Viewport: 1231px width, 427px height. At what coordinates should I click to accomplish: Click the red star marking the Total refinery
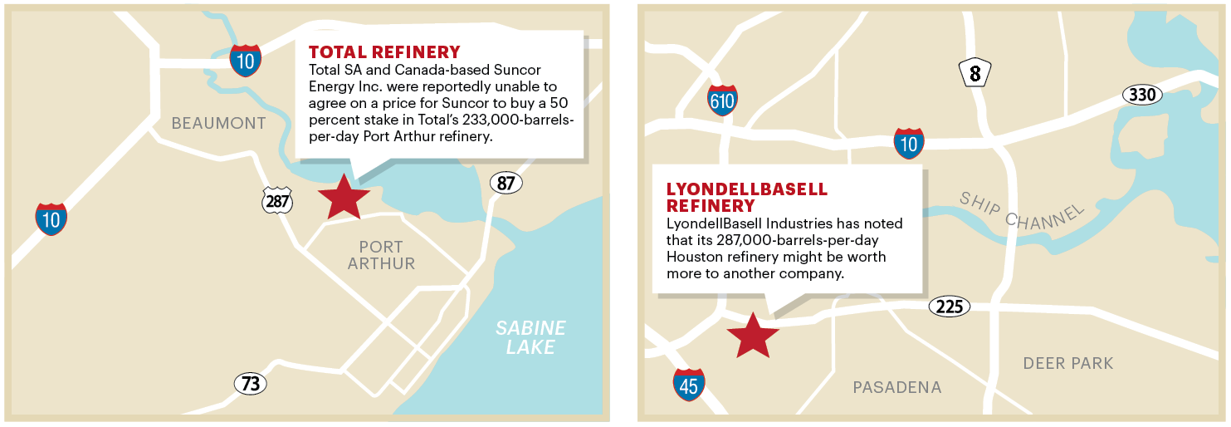(344, 198)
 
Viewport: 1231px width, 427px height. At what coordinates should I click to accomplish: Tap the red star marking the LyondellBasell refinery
(753, 335)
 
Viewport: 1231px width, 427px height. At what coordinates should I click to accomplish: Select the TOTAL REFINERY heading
(384, 52)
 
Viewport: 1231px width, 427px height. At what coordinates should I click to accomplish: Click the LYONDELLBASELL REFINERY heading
(747, 197)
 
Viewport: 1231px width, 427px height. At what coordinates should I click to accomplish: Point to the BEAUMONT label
(218, 124)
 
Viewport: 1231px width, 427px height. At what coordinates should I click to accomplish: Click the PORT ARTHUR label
(381, 255)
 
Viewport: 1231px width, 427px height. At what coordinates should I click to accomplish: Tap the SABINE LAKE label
(530, 337)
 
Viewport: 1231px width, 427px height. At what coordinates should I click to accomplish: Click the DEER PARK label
(1067, 363)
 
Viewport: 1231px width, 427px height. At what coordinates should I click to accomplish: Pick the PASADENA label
(897, 387)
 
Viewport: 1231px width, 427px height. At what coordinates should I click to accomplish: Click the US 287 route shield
(276, 199)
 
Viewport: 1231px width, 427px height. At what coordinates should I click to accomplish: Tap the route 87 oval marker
(506, 183)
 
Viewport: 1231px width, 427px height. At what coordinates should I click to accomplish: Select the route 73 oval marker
(250, 384)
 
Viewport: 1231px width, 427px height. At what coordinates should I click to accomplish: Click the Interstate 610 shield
(722, 100)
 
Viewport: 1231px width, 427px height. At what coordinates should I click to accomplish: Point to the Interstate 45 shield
(689, 385)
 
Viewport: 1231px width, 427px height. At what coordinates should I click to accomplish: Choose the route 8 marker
(975, 74)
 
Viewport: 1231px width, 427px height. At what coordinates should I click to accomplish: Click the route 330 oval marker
(1142, 95)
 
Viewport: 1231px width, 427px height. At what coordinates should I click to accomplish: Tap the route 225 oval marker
(949, 307)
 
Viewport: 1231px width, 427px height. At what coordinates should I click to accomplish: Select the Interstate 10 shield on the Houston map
(909, 143)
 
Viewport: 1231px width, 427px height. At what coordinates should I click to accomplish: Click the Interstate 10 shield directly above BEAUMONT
(246, 61)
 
